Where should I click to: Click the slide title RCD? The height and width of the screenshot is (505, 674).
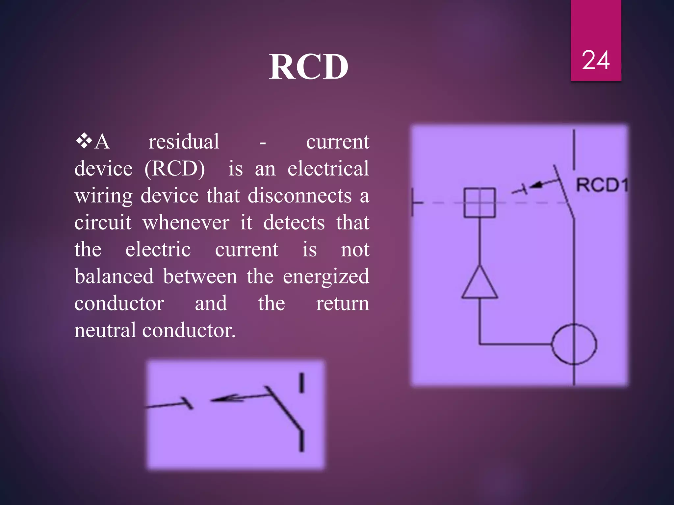click(x=308, y=67)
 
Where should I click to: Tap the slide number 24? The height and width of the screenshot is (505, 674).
click(x=596, y=60)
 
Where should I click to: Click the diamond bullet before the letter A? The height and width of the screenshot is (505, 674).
click(x=84, y=141)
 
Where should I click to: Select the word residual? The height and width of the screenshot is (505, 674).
click(x=184, y=142)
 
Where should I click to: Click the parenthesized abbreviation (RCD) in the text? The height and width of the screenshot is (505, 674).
click(x=175, y=169)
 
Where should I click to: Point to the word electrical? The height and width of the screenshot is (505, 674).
click(x=328, y=169)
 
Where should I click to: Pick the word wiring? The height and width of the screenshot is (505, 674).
click(x=103, y=196)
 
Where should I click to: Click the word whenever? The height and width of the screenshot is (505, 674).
click(x=186, y=223)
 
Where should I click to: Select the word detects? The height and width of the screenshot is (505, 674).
click(x=294, y=223)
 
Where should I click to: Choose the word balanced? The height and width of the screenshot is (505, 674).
click(x=114, y=276)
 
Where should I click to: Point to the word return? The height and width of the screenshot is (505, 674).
click(x=342, y=303)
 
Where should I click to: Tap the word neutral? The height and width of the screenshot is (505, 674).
click(x=105, y=330)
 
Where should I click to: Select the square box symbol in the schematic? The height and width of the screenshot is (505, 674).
click(x=480, y=203)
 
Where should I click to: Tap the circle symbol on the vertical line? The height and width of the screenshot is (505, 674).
click(x=574, y=344)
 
